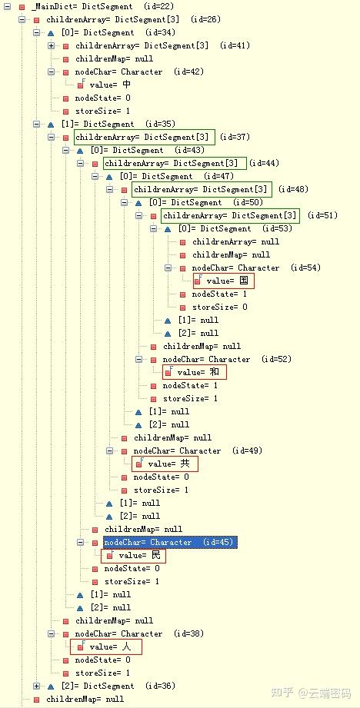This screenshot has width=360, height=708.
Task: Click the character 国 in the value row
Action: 244,281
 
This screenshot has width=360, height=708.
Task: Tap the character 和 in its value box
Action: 215,372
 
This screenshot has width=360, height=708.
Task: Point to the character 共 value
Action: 185,464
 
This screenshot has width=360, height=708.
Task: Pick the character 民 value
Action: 156,555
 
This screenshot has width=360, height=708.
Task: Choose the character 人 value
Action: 126,647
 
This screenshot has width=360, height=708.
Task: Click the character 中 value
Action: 126,85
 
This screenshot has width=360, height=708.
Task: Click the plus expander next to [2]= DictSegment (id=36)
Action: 37,686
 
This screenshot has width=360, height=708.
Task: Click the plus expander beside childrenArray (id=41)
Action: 51,45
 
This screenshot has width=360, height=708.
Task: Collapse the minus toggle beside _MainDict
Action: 7,7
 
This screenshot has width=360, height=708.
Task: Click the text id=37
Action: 237,137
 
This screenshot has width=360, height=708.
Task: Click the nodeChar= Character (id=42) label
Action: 139,71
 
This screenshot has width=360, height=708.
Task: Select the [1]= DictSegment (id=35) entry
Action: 118,124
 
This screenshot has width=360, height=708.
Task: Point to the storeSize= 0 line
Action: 220,307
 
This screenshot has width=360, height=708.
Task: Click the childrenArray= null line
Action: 236,241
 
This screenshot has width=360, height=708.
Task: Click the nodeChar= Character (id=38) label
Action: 139,633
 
